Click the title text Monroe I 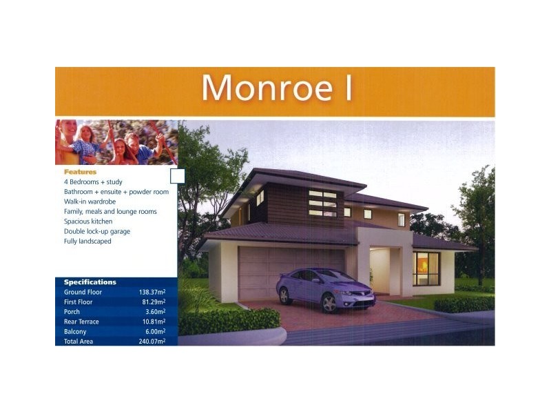pyautogui.click(x=275, y=88)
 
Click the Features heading pyautogui.click(x=81, y=172)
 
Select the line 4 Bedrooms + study pyautogui.click(x=94, y=181)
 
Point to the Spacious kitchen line pyautogui.click(x=88, y=221)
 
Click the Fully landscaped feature pyautogui.click(x=87, y=241)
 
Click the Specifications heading pyautogui.click(x=90, y=282)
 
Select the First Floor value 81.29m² pyautogui.click(x=154, y=302)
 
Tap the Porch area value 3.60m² pyautogui.click(x=155, y=312)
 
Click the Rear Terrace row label pyautogui.click(x=81, y=322)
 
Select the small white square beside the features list pyautogui.click(x=177, y=176)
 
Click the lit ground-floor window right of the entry pyautogui.click(x=426, y=268)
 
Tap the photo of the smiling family pyautogui.click(x=116, y=143)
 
